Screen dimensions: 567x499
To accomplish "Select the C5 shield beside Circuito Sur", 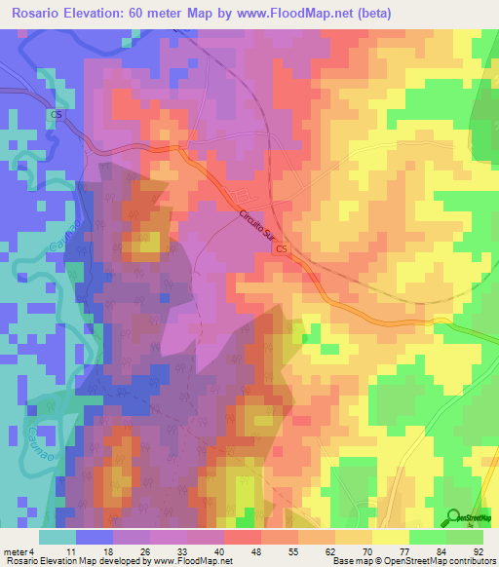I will (x=282, y=250).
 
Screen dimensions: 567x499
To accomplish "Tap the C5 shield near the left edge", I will (x=56, y=115).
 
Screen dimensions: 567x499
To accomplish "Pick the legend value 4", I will (x=43, y=549).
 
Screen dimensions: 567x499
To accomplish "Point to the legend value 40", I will (x=230, y=549).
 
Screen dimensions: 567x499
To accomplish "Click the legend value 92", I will (x=478, y=549).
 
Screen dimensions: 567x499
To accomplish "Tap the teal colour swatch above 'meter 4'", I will (x=57, y=536).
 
